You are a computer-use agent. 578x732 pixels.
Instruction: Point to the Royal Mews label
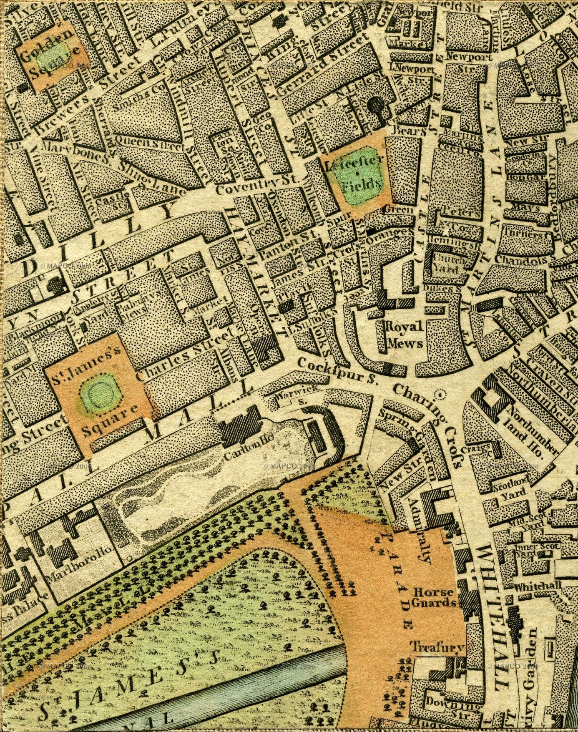405,334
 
